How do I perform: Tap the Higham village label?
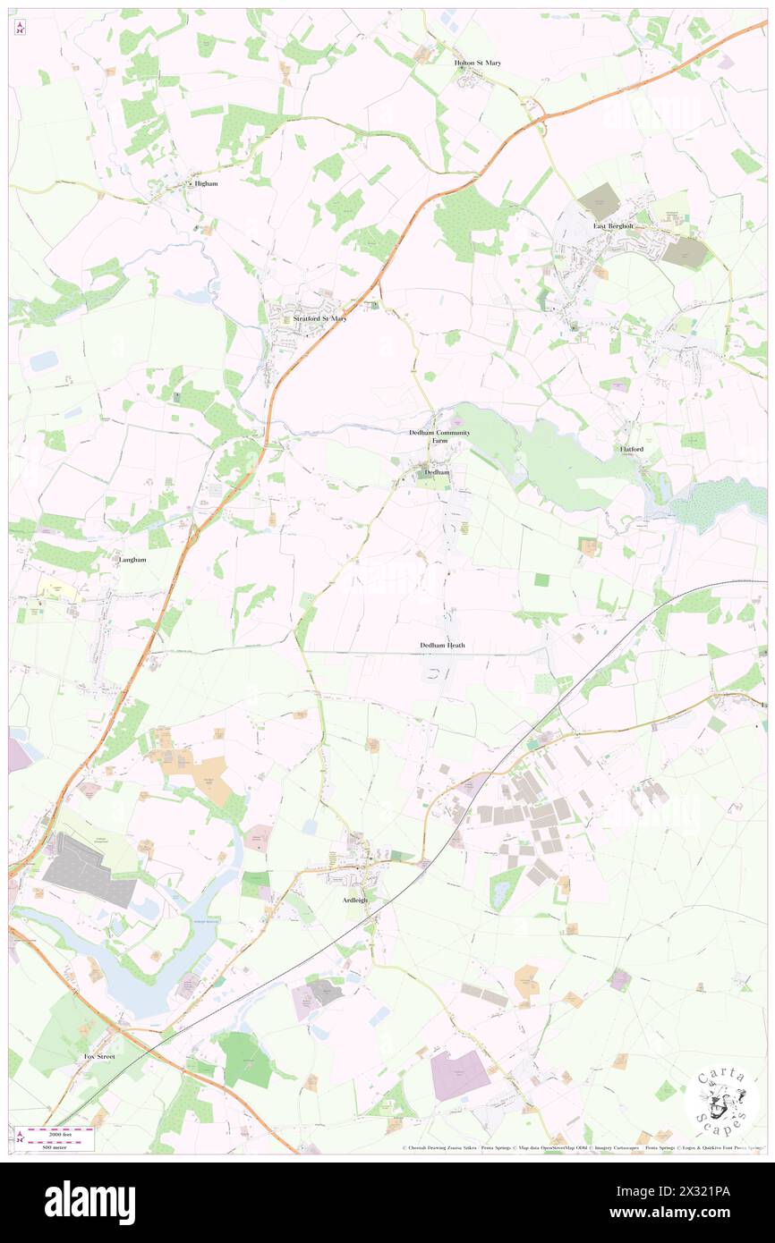pos(206,183)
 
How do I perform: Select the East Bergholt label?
pos(614,226)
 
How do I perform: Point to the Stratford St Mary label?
pos(314,317)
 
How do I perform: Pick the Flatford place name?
pos(631,448)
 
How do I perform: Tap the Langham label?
pos(132,559)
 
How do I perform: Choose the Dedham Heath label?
pos(442,645)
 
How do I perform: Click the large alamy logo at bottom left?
pos(90,1202)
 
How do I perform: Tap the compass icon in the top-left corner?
pos(20,29)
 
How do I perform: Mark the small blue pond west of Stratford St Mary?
pos(44,360)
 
